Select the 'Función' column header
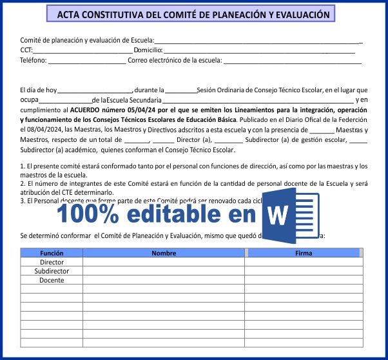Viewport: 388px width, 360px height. (52, 254)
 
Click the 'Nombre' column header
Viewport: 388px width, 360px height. (164, 254)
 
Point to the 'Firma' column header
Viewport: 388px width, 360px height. (304, 254)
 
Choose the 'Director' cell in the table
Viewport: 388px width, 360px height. (52, 263)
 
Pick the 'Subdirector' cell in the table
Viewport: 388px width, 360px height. (52, 272)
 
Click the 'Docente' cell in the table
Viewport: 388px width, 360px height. (52, 281)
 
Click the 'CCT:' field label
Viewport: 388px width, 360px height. (26, 50)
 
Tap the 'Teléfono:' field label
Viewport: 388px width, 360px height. (34, 61)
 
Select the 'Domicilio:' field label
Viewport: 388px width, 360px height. (148, 50)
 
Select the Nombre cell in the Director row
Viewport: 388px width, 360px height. (164, 263)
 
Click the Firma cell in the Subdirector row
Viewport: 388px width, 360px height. (304, 272)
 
